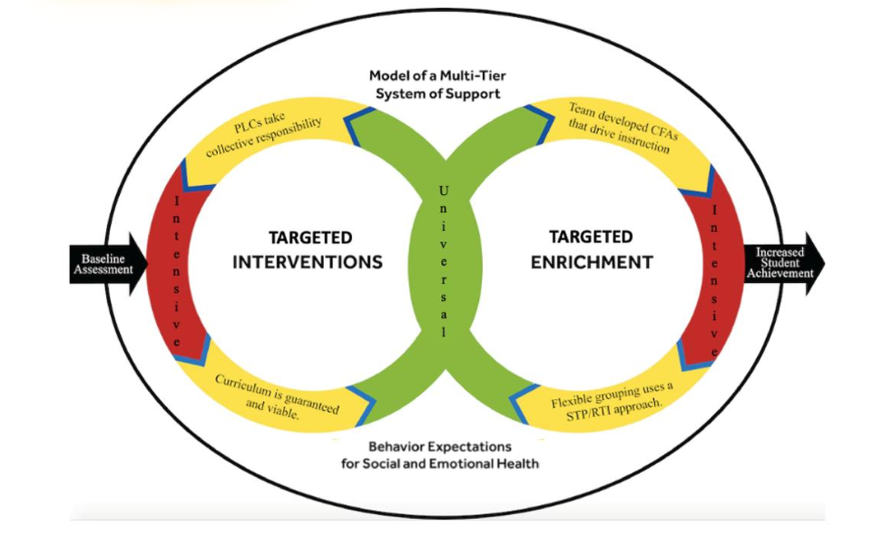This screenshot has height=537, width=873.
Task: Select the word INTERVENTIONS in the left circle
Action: [308, 262]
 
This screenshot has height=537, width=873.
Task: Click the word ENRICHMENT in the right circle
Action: [591, 262]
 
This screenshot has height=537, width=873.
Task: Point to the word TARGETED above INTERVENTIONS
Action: [309, 238]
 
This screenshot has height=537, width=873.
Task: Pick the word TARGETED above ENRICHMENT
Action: [591, 237]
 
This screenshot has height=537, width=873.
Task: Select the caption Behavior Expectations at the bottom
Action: [440, 446]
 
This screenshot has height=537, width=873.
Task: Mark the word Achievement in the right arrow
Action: [780, 272]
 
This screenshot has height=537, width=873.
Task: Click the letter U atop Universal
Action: [443, 190]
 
